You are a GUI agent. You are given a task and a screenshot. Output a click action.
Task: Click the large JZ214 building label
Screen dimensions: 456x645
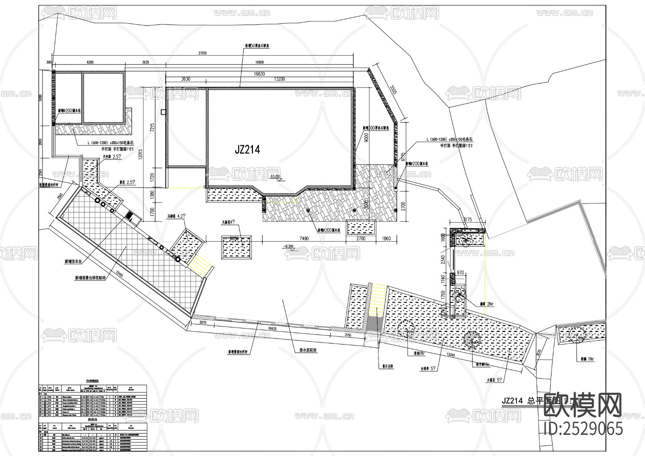tap(247, 149)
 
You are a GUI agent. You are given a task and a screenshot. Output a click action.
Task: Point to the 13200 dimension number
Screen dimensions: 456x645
tap(279, 79)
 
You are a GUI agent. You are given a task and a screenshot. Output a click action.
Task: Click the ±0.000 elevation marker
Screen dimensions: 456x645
tap(276, 177)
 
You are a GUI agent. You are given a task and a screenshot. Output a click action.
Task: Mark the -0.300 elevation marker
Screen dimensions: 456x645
tap(288, 246)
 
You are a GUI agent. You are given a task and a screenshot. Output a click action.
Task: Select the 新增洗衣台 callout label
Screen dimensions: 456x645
tap(73, 262)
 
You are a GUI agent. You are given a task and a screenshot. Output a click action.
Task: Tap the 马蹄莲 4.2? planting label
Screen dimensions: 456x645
tap(176, 217)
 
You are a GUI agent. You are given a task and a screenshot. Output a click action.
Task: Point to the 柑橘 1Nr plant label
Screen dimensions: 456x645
tap(587, 358)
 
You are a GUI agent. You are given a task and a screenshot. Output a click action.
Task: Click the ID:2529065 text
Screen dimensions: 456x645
tap(583, 429)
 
